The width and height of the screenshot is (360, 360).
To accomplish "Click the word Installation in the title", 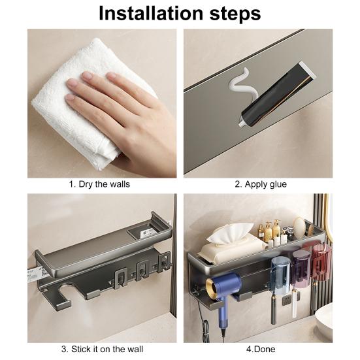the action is click(x=151, y=13).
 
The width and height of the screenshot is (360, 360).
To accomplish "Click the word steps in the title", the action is click(x=235, y=14).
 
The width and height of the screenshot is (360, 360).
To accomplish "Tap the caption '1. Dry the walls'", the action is click(x=99, y=184).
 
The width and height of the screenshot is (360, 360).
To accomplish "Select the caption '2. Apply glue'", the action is click(x=261, y=184).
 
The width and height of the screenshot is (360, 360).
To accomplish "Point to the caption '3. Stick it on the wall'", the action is click(x=102, y=349).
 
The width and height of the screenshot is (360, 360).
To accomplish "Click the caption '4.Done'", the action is click(x=261, y=349).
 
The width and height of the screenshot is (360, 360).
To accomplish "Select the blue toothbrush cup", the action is click(x=280, y=276).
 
